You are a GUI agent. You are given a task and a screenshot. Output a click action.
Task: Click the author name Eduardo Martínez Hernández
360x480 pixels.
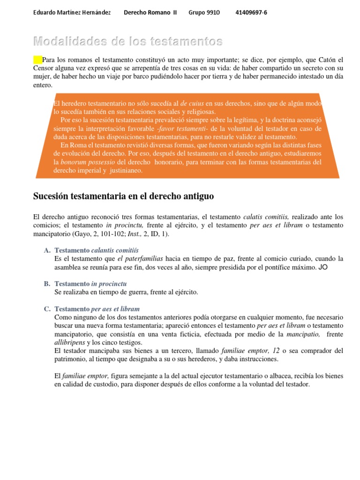(72, 13)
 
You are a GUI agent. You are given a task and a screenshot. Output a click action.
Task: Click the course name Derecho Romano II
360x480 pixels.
(150, 13)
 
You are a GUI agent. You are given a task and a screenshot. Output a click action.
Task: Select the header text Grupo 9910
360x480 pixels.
(204, 13)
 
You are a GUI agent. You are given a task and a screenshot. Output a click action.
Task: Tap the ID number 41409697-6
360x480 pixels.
(251, 13)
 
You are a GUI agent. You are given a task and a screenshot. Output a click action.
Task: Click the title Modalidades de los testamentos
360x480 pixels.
(127, 42)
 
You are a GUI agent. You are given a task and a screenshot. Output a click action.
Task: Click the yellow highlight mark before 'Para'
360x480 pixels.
(37, 60)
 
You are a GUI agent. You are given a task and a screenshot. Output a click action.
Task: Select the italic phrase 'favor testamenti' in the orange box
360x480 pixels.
(184, 129)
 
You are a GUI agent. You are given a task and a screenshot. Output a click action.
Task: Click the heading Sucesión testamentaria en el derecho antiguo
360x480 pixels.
(123, 196)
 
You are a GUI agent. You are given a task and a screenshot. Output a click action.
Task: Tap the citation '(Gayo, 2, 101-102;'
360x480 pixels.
(100, 233)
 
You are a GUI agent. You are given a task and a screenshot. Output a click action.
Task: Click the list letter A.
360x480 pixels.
(47, 250)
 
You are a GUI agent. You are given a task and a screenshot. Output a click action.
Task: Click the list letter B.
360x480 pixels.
(47, 284)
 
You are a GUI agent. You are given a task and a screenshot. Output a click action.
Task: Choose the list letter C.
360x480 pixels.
(47, 309)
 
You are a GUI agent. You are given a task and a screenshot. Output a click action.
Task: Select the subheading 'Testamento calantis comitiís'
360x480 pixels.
(97, 250)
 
